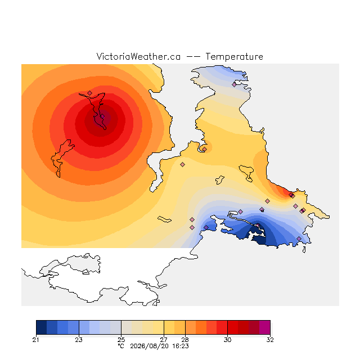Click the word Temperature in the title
tap(234, 56)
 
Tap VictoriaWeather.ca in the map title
tap(138, 56)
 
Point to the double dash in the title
tap(193, 57)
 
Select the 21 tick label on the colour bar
tap(35, 340)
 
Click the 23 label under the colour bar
tap(79, 340)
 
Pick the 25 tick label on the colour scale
tap(121, 340)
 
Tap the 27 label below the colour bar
tap(164, 340)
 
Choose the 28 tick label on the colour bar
tap(185, 340)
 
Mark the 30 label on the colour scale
tap(227, 340)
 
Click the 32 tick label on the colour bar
tap(270, 340)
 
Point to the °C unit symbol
tap(121, 346)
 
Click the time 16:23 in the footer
tap(181, 346)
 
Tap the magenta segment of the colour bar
tap(265, 327)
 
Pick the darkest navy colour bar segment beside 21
tap(42, 327)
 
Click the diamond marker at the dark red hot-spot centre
tap(102, 116)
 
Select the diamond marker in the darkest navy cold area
tap(258, 226)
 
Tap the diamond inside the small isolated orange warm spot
tap(204, 149)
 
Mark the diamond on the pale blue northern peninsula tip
tap(234, 84)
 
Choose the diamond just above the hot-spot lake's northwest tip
tap(90, 93)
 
